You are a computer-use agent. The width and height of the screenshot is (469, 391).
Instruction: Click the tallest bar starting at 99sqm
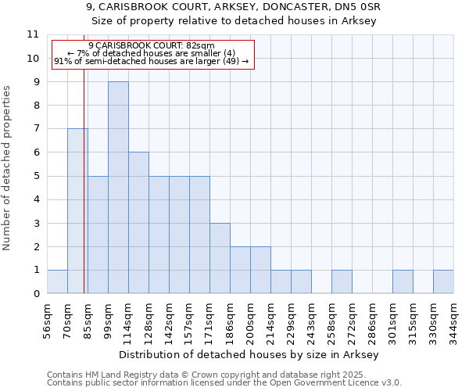point(118,188)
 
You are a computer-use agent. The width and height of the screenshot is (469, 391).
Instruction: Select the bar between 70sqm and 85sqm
point(77,211)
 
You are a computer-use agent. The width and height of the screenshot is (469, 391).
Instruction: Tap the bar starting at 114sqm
point(138,223)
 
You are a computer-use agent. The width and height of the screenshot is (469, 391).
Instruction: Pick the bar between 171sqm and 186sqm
point(220,258)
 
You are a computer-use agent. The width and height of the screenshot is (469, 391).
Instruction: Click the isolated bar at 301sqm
point(403,282)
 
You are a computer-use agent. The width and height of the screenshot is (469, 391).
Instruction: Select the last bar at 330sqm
point(443,282)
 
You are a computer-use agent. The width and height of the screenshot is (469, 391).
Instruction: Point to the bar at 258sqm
point(342,282)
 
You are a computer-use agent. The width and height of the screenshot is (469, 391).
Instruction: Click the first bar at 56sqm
point(57,282)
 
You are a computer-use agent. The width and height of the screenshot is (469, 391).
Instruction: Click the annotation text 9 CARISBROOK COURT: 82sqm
point(151,46)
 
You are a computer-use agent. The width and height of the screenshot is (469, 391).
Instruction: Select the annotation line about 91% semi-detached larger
point(151,61)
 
